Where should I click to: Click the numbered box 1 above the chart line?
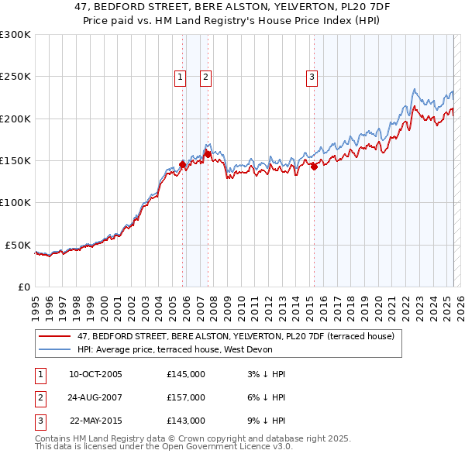click(180, 76)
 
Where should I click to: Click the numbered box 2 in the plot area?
click(206, 76)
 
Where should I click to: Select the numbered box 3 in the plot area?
click(312, 76)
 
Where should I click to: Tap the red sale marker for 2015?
click(315, 166)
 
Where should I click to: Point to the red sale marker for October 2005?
click(183, 164)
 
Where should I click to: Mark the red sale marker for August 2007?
click(208, 154)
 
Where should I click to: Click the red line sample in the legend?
click(54, 336)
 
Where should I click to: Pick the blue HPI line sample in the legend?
click(54, 349)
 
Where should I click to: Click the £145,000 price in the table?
click(186, 374)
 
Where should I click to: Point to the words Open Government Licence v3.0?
click(226, 447)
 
